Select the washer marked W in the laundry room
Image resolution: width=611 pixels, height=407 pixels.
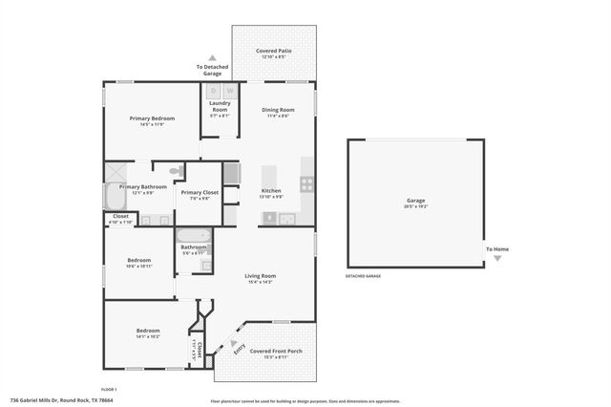pyautogui.click(x=229, y=91)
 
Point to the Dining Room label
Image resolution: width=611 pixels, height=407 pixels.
pyautogui.click(x=278, y=110)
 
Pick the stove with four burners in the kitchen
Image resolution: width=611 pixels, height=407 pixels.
pyautogui.click(x=307, y=183)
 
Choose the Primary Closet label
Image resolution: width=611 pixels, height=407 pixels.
pyautogui.click(x=200, y=193)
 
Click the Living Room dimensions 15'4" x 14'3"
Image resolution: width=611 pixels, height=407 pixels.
pyautogui.click(x=260, y=282)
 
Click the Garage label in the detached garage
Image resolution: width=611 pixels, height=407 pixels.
pyautogui.click(x=415, y=200)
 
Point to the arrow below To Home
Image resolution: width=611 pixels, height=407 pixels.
pyautogui.click(x=496, y=258)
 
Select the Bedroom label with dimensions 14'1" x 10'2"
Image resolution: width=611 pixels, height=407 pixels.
pyautogui.click(x=147, y=331)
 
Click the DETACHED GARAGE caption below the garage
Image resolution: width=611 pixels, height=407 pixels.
pyautogui.click(x=363, y=276)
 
